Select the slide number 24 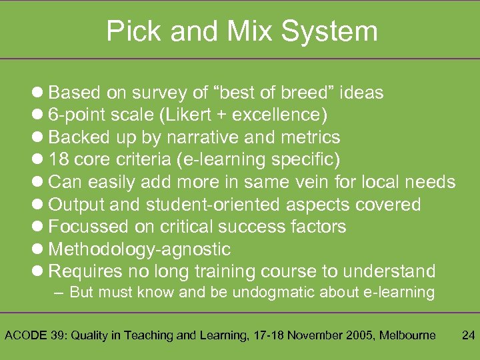468,335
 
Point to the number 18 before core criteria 59,160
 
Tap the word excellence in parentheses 279,115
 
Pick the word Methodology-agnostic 140,249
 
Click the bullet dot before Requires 38,272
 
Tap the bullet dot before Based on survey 38,93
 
